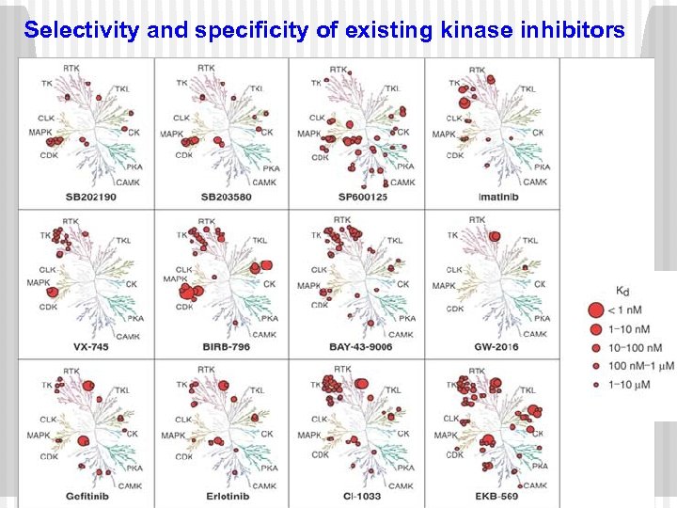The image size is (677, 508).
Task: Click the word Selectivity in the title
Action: pos(83,30)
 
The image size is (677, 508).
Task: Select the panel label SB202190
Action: pos(90,197)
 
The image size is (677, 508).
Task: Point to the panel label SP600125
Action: pos(362,197)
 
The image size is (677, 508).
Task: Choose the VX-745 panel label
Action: pos(92,346)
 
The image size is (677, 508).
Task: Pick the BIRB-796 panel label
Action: pos(227,346)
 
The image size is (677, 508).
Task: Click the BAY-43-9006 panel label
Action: pos(361,346)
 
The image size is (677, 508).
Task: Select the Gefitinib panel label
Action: pos(90,496)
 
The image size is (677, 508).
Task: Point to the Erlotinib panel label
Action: pos(227,496)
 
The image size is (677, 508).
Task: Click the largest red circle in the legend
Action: pos(594,310)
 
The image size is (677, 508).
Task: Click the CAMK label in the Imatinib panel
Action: pos(535,182)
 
